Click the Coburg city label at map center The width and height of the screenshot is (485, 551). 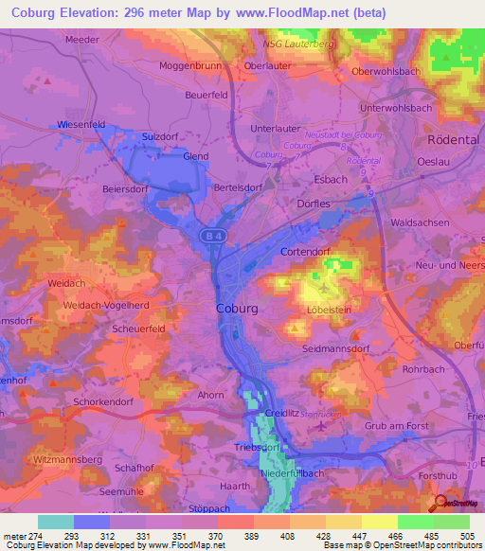click(237, 308)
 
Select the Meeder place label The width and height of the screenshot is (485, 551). click(82, 40)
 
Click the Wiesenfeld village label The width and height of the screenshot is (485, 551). click(81, 124)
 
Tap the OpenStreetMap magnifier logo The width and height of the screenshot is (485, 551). click(441, 504)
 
